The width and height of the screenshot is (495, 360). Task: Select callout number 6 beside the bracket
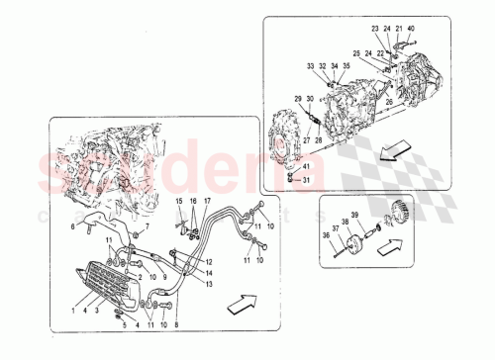[73, 225]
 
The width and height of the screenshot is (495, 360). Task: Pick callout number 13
[211, 283]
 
